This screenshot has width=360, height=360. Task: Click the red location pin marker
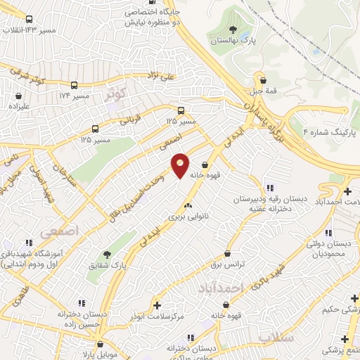pyautogui.click(x=181, y=165)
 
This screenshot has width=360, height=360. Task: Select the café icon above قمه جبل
pyautogui.click(x=262, y=80)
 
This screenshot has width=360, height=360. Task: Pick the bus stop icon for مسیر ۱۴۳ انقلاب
pyautogui.click(x=29, y=21)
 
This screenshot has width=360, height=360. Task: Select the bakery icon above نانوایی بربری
pyautogui.click(x=187, y=205)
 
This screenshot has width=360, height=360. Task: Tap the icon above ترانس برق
pyautogui.click(x=226, y=254)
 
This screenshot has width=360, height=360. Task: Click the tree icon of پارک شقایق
pyautogui.click(x=107, y=255)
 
